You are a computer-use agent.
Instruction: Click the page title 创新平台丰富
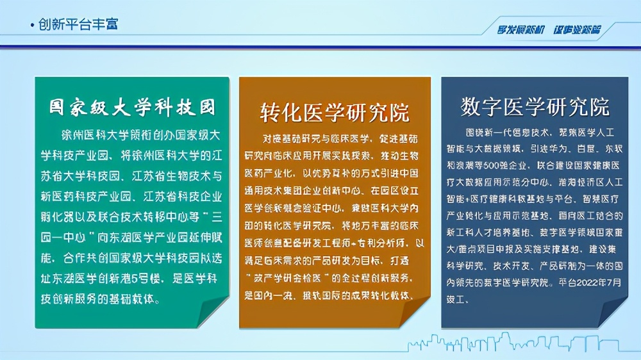pyautogui.click(x=78, y=24)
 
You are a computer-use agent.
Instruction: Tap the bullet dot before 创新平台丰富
pyautogui.click(x=33, y=26)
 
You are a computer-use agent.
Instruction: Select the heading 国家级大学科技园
pyautogui.click(x=132, y=107)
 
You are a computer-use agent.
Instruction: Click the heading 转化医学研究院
pyautogui.click(x=334, y=112)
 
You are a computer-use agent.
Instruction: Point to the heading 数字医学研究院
pyautogui.click(x=535, y=107)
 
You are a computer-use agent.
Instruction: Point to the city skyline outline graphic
pyautogui.click(x=513, y=343)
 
